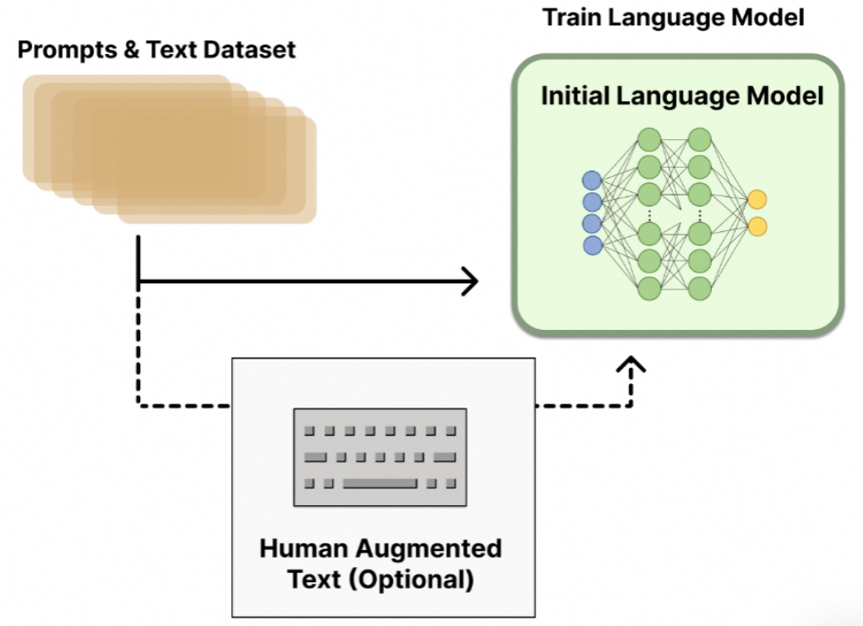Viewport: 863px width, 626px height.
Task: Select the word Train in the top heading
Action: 570,17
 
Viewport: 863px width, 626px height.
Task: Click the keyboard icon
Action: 380,456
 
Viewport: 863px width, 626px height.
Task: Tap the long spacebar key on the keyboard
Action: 380,483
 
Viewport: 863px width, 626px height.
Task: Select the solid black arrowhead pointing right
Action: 467,281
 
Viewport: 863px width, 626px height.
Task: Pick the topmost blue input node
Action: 592,181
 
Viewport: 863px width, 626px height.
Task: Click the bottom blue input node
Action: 592,245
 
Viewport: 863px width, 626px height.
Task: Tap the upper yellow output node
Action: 757,200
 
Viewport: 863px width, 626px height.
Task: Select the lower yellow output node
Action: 757,227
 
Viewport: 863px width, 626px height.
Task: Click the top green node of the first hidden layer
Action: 649,138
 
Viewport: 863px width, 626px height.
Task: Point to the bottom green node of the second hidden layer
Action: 698,288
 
